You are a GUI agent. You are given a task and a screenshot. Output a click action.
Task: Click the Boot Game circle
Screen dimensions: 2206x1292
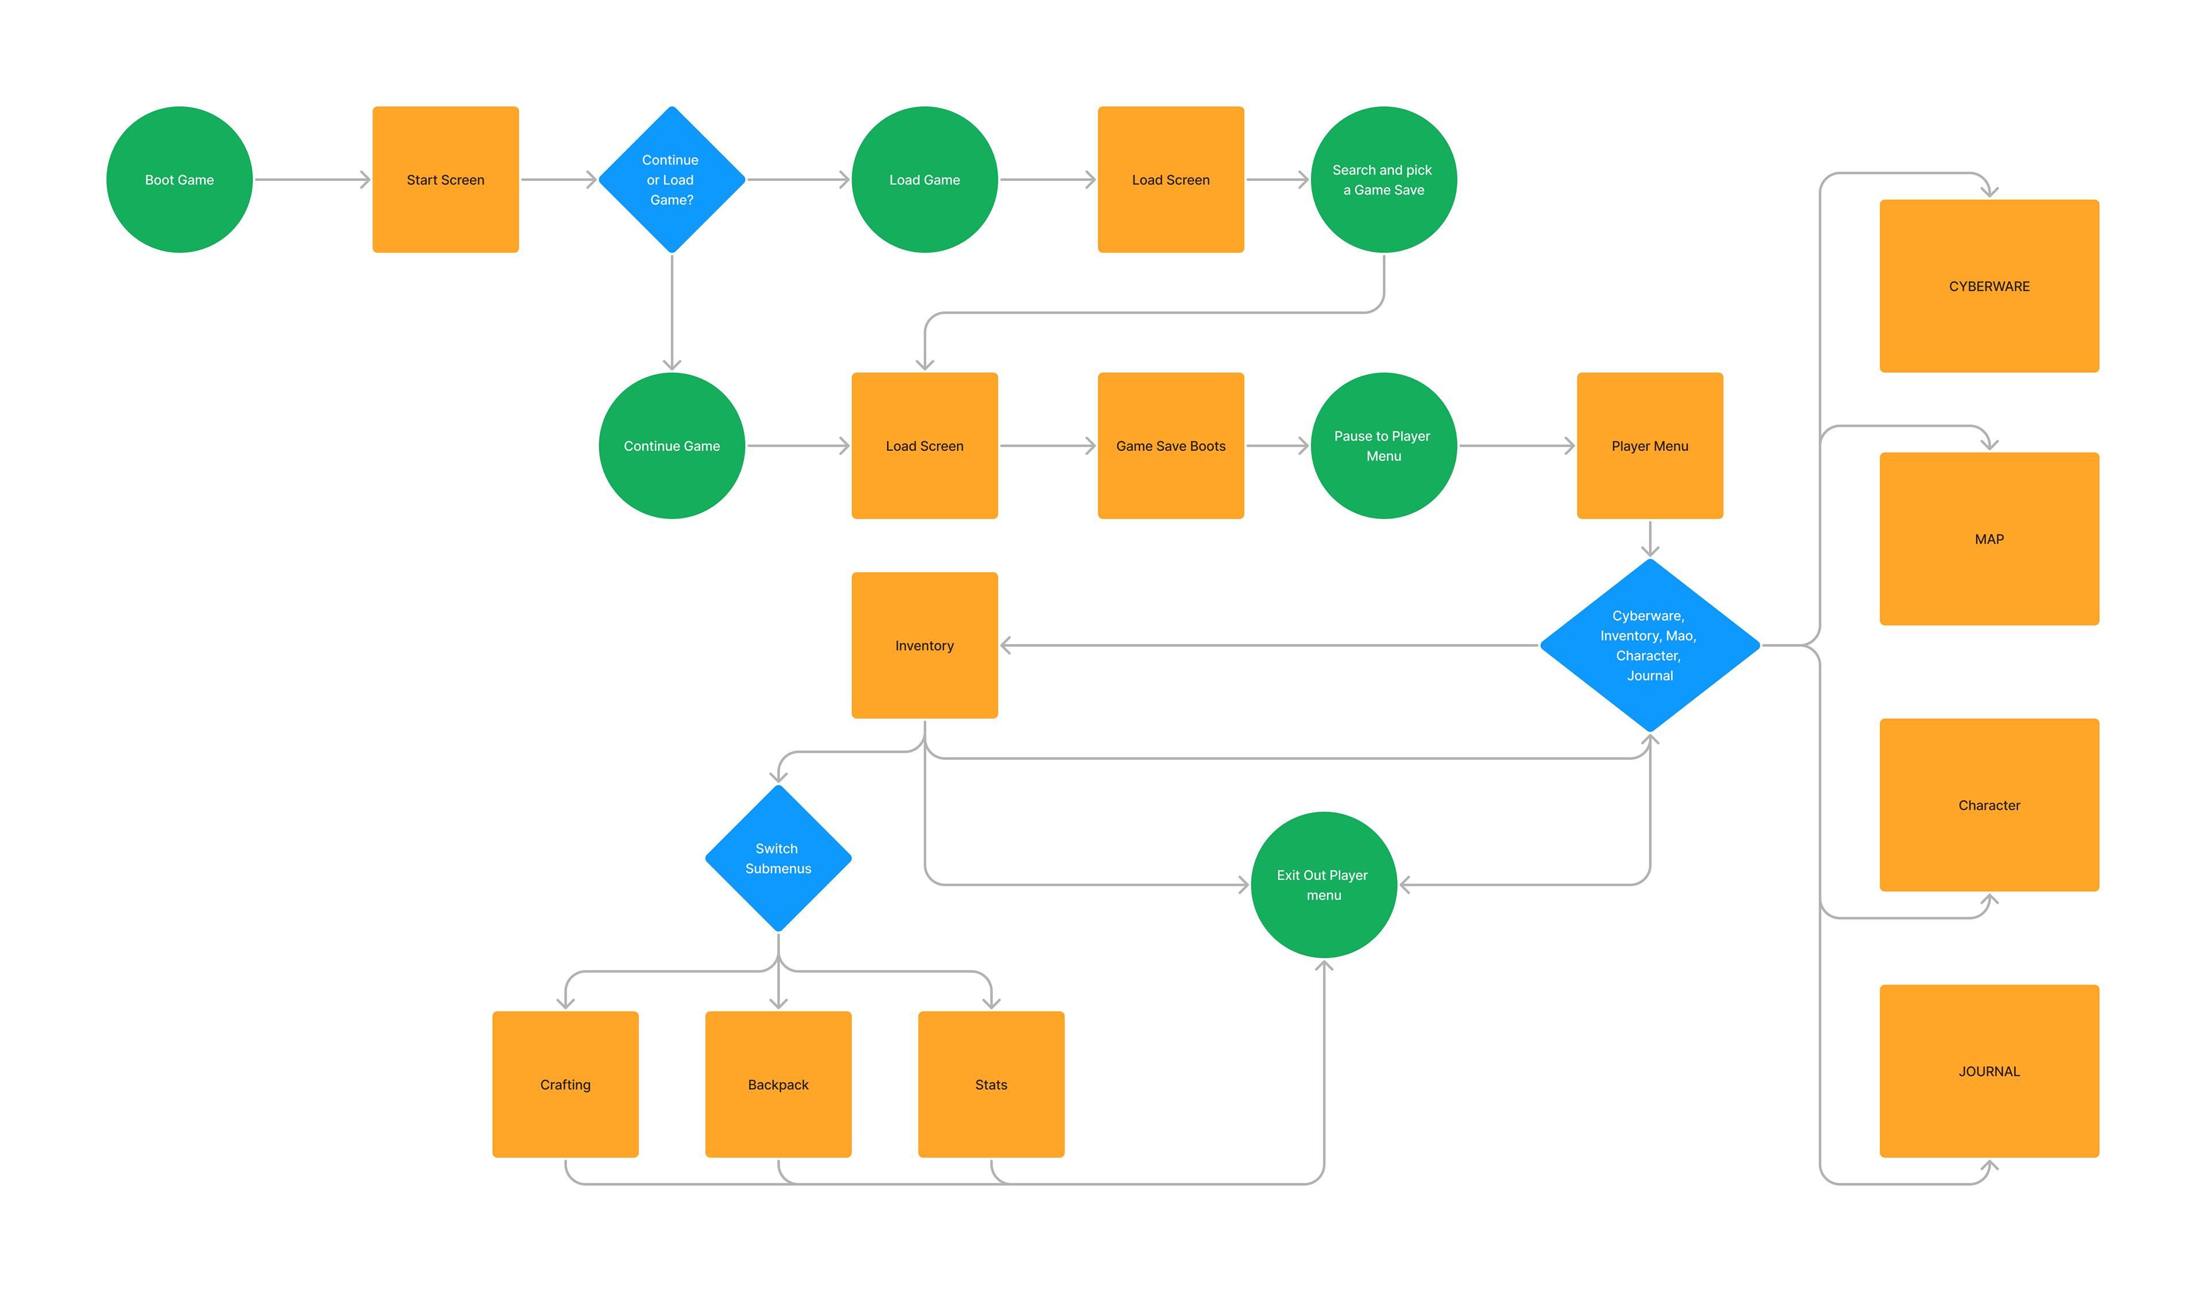179,179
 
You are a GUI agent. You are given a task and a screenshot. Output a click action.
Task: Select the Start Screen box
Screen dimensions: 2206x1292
446,179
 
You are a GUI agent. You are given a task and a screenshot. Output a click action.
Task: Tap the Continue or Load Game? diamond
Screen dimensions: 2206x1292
672,179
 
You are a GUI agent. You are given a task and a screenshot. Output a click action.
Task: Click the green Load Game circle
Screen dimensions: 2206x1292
924,179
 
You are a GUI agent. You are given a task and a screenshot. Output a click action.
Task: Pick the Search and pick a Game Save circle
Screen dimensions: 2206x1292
1383,179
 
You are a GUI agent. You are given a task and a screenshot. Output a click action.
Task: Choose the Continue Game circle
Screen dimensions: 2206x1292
672,446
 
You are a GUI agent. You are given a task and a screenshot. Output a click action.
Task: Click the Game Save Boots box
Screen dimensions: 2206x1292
1170,446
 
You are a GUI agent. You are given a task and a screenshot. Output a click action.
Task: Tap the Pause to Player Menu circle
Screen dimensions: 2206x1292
1383,446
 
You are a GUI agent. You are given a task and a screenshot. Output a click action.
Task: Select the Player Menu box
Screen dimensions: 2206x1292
1649,446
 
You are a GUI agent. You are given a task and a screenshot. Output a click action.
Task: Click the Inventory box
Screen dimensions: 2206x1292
924,645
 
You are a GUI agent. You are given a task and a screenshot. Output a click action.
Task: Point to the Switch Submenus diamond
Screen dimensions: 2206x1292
778,858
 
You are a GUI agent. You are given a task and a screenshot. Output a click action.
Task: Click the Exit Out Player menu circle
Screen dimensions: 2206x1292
1324,884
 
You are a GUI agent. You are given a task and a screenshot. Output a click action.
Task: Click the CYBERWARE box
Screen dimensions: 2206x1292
1989,286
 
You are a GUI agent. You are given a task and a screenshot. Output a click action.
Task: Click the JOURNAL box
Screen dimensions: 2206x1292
1989,1071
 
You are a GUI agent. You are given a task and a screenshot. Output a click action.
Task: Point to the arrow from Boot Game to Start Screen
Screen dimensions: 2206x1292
313,179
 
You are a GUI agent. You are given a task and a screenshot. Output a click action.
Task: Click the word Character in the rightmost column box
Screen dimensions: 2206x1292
1989,805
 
